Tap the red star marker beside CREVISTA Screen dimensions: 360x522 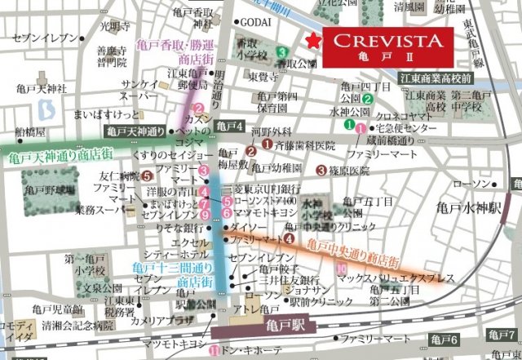point(310,41)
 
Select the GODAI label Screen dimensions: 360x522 point(256,22)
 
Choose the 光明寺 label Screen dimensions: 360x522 point(110,25)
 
